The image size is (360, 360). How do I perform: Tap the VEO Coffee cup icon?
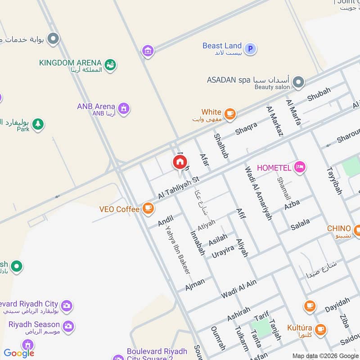(148, 208)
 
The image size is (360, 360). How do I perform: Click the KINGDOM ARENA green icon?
(110, 65)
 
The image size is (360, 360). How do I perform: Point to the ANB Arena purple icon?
(123, 108)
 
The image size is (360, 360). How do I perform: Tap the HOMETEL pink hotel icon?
(300, 167)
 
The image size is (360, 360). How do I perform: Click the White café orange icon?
(230, 114)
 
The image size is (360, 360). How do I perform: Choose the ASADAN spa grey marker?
(298, 82)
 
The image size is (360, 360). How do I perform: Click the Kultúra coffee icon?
(320, 329)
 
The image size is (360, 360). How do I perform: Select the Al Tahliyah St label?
(178, 188)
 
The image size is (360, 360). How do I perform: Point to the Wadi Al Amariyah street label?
(258, 193)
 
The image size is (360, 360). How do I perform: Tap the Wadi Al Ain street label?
(238, 289)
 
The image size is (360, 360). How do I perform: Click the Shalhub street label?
(221, 145)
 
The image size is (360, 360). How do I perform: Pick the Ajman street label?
(195, 284)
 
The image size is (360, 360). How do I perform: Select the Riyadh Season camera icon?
(68, 326)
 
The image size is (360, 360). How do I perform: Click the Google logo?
(19, 353)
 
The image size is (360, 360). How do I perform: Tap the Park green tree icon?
(38, 124)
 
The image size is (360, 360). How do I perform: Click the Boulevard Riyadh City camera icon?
(66, 306)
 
